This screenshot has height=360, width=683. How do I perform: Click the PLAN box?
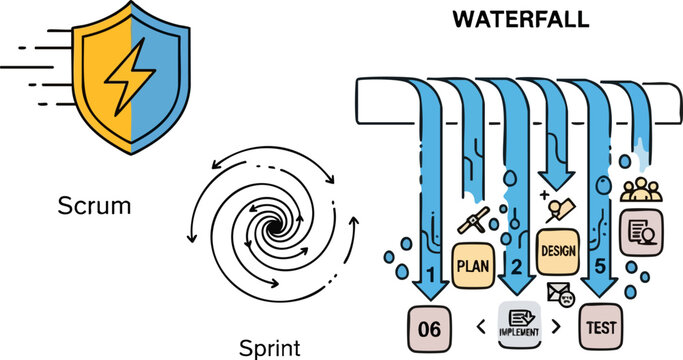[x=472, y=266]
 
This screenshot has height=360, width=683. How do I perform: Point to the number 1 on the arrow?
[x=430, y=273]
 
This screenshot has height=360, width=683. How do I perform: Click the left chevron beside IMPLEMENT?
[x=482, y=325]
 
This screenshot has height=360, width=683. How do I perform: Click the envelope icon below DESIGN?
[x=557, y=291]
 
